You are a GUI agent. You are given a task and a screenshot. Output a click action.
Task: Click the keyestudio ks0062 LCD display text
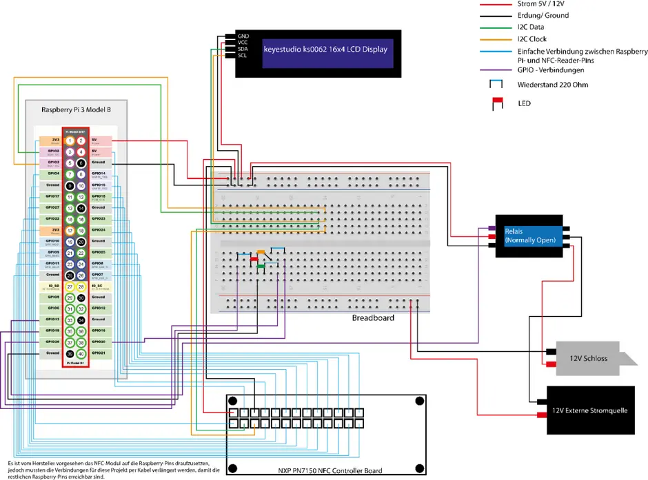coord(325,50)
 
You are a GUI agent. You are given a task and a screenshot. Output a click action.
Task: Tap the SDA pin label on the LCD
coord(243,49)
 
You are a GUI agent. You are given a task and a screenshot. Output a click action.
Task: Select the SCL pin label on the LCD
coord(243,55)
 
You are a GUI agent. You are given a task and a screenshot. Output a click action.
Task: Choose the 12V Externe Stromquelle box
coord(589,410)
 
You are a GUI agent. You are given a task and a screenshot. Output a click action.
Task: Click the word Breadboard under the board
coord(373,318)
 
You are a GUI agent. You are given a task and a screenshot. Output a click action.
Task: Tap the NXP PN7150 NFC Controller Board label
coord(326,471)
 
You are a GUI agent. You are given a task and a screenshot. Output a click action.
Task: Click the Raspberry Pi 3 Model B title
coord(76,109)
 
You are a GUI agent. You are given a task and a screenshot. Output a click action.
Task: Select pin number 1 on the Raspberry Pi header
coord(70,140)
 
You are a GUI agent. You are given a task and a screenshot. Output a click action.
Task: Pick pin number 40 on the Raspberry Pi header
coord(81,353)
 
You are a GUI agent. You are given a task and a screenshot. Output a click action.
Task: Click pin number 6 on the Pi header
coord(81,163)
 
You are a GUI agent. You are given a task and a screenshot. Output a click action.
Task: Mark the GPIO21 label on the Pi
coord(99,353)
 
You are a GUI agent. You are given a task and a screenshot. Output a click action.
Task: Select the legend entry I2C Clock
coord(531,39)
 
